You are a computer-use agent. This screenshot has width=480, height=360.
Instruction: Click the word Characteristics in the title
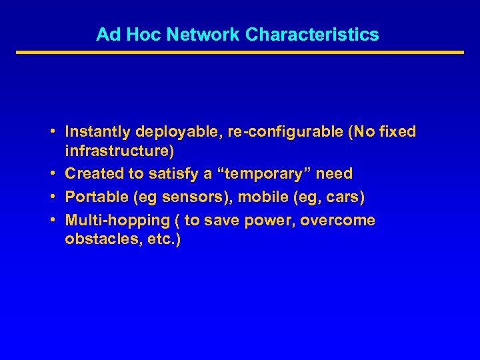click(x=312, y=35)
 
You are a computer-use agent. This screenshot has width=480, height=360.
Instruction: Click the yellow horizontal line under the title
click(x=240, y=52)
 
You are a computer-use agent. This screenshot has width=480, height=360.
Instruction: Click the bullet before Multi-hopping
click(x=51, y=220)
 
